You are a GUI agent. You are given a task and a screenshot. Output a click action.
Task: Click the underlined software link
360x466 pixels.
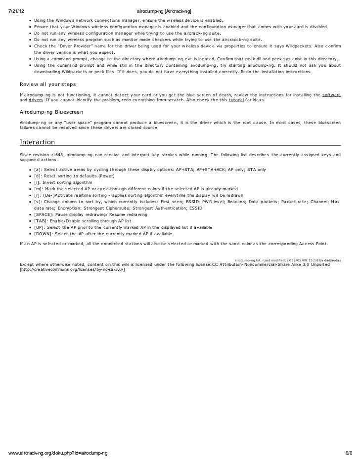point(331,94)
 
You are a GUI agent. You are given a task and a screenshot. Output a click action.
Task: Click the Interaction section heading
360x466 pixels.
point(37,143)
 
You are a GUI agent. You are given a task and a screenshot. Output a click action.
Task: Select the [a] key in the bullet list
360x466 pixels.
point(38,169)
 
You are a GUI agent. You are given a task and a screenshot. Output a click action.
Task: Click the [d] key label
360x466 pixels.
point(38,176)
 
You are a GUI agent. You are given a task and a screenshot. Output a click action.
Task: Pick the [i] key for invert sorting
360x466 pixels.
point(37,182)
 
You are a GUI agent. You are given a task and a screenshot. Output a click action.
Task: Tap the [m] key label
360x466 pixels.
point(38,188)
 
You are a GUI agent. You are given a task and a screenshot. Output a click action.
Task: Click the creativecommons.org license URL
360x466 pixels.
point(72,270)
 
